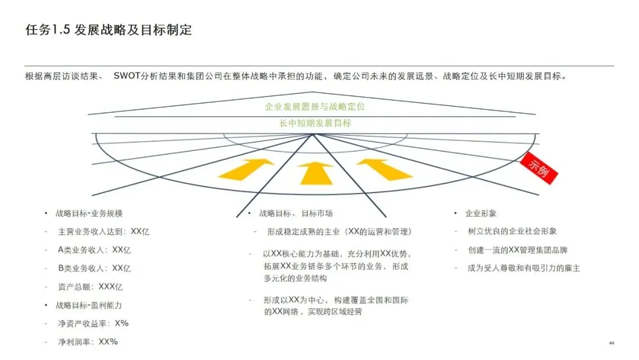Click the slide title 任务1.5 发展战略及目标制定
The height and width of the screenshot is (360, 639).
tap(109, 30)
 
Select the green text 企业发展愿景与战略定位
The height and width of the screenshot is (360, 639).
tap(315, 107)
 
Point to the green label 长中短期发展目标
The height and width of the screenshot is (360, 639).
tap(315, 123)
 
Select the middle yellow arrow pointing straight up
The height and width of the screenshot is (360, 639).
tap(316, 172)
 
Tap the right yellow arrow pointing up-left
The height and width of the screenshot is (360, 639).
tap(385, 168)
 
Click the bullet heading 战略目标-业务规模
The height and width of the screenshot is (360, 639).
tap(89, 213)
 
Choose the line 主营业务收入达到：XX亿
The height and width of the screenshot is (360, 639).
tap(104, 232)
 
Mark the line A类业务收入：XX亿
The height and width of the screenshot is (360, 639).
tap(94, 250)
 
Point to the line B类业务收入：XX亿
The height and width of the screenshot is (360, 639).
tap(94, 268)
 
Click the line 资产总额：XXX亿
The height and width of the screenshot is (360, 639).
tap(91, 287)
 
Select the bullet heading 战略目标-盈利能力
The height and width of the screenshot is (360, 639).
tap(89, 305)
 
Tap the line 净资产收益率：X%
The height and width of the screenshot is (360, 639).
tap(93, 323)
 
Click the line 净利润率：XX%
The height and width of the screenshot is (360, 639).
tap(88, 342)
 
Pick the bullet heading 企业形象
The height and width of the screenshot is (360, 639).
tap(481, 213)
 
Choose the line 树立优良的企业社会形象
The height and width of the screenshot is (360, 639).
tap(512, 232)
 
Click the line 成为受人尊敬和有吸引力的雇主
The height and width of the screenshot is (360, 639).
tap(524, 268)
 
